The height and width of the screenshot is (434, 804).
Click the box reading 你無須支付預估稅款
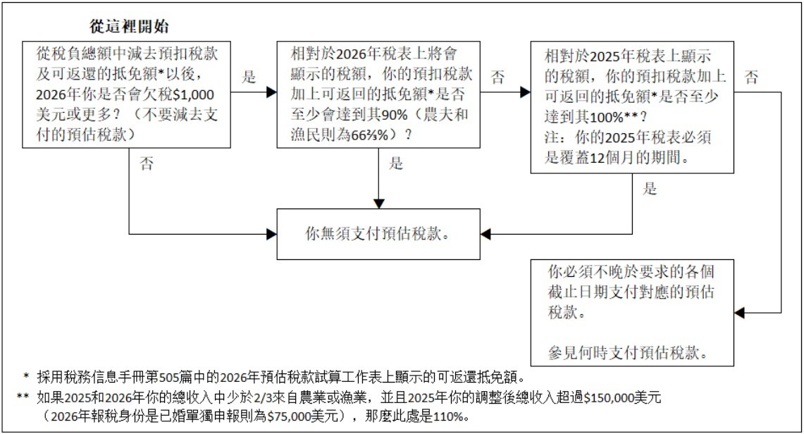click(378, 232)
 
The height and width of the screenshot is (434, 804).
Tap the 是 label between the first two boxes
click(248, 76)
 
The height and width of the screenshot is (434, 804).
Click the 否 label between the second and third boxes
click(497, 76)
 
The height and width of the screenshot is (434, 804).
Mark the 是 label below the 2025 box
click(650, 188)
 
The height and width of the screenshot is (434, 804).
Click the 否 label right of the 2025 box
click(752, 76)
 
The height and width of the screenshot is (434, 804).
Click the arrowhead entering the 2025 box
click(524, 92)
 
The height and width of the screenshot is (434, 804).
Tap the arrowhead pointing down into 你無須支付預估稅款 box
click(378, 203)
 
